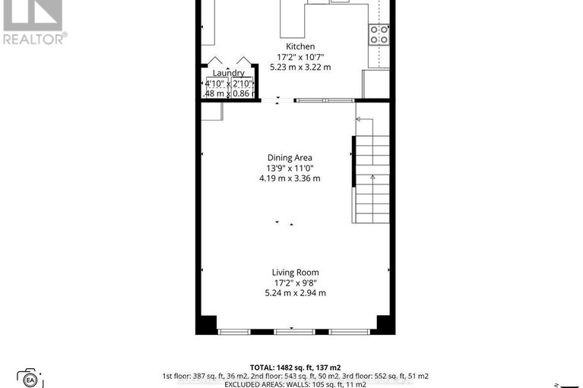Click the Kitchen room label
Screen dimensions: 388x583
300,46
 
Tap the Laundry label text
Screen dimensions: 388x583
228,73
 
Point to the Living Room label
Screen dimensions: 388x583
296,272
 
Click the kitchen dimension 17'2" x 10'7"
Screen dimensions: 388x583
300,57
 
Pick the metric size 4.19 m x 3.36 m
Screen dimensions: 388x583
289,179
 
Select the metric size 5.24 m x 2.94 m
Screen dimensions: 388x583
296,293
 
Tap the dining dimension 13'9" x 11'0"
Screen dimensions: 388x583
289,169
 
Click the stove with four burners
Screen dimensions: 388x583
379,33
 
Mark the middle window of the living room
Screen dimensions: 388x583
294,332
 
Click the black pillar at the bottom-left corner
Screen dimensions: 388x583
205,325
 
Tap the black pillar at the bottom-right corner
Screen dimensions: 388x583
385,325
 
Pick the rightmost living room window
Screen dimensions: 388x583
350,332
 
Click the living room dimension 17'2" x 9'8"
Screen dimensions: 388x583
296,282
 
